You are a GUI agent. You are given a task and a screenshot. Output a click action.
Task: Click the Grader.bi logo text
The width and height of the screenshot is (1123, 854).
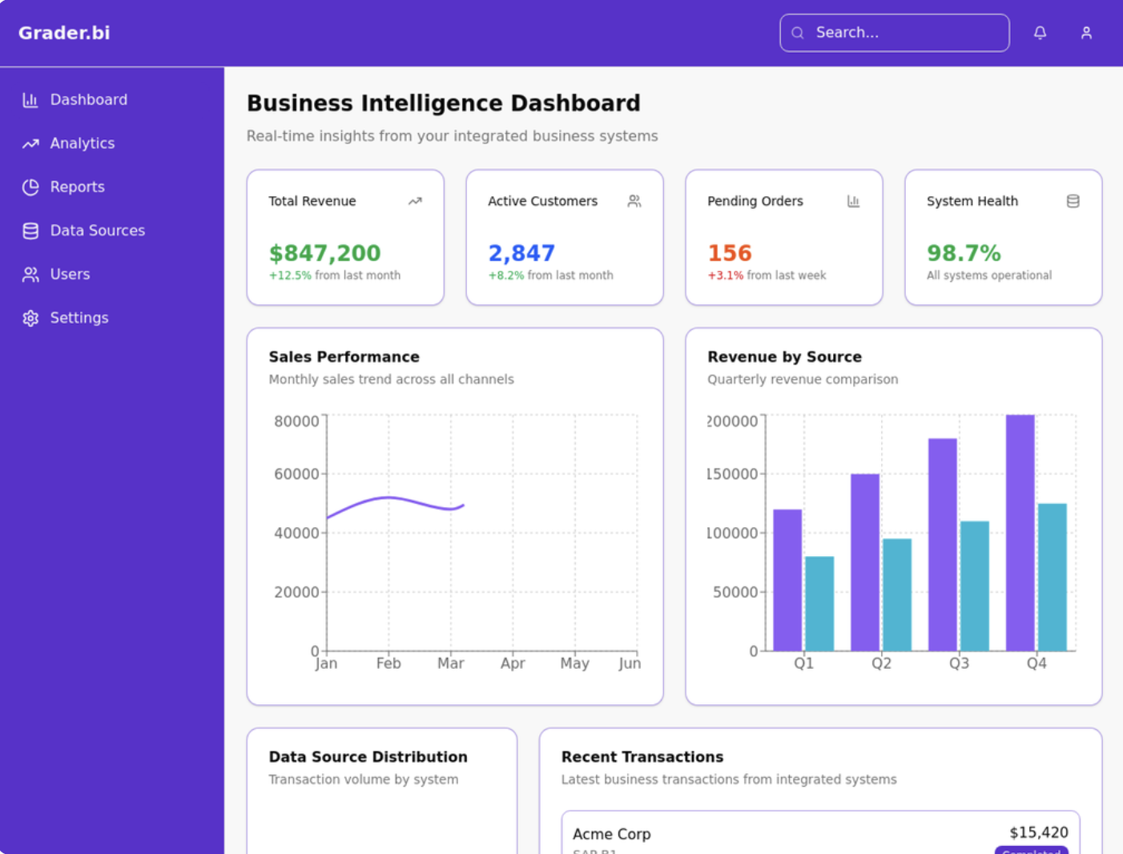pos(64,33)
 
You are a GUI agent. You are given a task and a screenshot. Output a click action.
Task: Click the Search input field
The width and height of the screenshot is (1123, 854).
pos(895,33)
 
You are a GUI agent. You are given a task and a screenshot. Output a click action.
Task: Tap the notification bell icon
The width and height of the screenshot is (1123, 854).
pos(1040,33)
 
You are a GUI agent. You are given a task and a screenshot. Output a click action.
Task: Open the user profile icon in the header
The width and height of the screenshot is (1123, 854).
pos(1086,33)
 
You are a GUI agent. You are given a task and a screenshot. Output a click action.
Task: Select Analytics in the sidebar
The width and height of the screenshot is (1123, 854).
pos(82,143)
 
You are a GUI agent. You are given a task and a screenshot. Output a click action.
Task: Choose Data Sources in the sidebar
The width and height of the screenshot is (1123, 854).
pos(97,231)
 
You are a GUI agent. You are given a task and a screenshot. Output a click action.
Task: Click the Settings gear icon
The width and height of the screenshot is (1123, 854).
pos(30,318)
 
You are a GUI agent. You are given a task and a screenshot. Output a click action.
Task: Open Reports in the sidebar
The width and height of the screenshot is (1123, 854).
pos(77,187)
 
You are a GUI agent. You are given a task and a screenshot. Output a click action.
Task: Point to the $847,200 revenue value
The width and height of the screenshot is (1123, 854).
pos(324,253)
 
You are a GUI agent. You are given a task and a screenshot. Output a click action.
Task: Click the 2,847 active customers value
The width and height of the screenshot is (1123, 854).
pos(521,253)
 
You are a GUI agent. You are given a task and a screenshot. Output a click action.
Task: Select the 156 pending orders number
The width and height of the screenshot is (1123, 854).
pos(729,253)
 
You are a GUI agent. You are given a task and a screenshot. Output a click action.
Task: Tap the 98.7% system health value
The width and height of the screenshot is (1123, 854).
pos(964,253)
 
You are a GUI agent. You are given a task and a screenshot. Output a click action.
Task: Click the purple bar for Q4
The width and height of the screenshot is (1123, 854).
pos(1020,533)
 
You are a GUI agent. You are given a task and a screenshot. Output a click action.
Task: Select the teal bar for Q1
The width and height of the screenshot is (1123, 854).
pos(819,603)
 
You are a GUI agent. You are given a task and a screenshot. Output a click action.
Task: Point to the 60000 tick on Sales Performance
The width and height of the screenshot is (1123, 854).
pos(296,474)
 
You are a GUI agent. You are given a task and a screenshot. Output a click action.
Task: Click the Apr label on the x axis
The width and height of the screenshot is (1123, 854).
pos(513,663)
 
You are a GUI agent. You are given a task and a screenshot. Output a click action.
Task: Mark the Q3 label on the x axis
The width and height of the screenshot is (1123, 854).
pos(959,663)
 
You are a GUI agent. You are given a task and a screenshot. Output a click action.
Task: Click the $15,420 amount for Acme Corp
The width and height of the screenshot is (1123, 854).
pos(1038,832)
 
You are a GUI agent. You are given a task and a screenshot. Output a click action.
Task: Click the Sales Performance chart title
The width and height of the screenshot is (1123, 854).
pos(344,357)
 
